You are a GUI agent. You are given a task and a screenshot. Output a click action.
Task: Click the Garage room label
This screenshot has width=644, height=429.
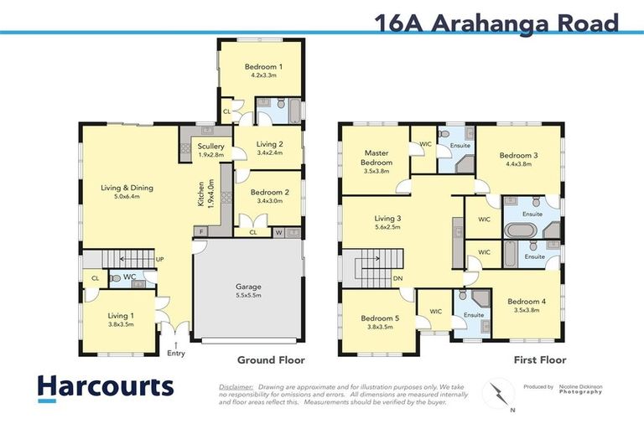247,287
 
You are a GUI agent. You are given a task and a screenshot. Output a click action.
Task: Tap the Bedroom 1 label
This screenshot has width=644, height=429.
263,66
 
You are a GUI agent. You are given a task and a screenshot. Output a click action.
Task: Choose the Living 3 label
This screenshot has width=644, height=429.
388,219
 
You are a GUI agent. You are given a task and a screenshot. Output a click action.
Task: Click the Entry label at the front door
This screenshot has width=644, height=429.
175,353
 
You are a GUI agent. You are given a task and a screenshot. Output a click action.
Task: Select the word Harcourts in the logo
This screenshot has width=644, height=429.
106,386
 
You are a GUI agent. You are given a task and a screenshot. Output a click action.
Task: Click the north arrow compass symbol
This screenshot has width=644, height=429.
501,392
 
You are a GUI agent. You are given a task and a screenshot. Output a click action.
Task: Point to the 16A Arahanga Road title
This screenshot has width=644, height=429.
497,22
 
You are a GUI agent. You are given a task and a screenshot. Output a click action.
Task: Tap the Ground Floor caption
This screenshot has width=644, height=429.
270,359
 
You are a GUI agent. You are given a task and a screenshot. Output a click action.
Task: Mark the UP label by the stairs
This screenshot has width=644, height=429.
158,260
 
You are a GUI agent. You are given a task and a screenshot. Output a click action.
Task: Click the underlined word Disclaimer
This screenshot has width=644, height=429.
236,386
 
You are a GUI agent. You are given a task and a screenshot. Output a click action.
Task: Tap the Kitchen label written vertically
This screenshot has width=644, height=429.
200,194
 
